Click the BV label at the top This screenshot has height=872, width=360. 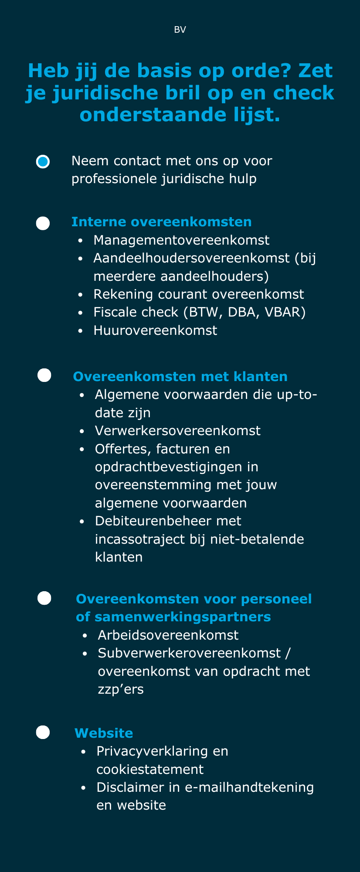coord(180,30)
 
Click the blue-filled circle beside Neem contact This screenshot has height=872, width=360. coord(43,162)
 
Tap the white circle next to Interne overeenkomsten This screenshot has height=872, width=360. coord(43,223)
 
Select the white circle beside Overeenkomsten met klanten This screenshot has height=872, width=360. coord(44,375)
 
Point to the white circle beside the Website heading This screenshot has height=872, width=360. coord(43,732)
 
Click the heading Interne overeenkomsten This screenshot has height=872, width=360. coord(161,222)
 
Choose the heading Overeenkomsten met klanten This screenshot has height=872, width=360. coord(180,376)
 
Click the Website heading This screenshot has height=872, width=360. coord(104,733)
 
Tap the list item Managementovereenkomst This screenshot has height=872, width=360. coord(181,240)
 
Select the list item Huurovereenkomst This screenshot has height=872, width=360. coord(155,330)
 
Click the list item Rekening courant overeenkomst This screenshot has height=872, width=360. coord(199,294)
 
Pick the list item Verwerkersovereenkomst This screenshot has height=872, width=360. coord(178,431)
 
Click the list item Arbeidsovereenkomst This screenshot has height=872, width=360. coord(168,635)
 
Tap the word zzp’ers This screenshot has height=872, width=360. coord(121,689)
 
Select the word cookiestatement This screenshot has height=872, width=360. coord(150,769)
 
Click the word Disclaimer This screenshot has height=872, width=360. coord(130,787)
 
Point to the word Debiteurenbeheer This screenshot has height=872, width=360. coord(168,521)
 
